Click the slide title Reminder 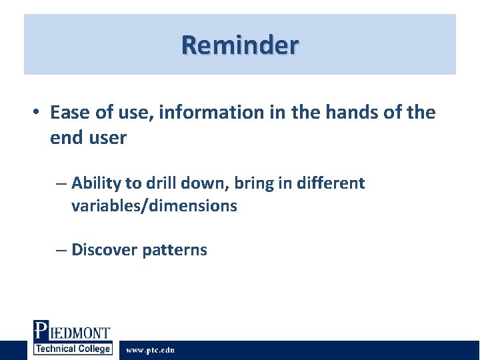tap(240, 45)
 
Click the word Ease tap(69, 113)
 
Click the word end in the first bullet tap(65, 139)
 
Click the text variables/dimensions tap(154, 206)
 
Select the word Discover tap(103, 250)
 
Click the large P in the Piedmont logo tap(41, 331)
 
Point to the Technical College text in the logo tap(73, 349)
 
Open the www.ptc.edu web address tap(151, 350)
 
